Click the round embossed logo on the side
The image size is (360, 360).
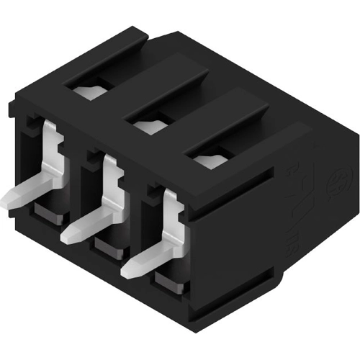pos(336,177)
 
